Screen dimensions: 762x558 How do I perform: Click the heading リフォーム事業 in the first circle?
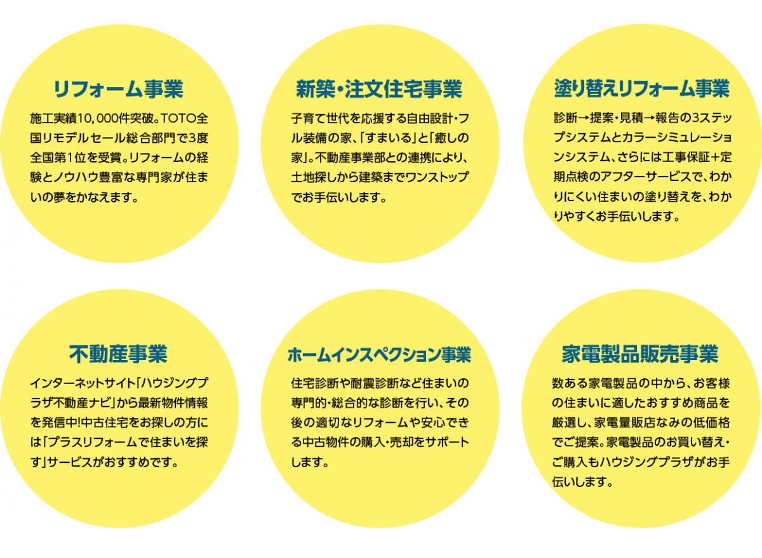118,89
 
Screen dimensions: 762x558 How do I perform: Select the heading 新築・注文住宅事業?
379,89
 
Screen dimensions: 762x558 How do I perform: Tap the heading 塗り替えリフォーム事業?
641,88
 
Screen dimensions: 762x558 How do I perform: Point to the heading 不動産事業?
118,354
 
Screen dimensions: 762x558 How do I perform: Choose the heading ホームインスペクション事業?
379,355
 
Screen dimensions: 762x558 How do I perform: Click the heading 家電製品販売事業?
640,354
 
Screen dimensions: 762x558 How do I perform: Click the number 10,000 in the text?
96,119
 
